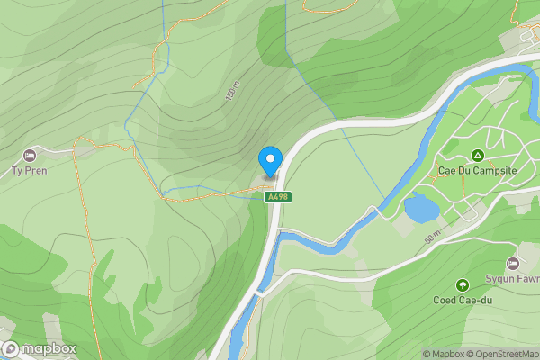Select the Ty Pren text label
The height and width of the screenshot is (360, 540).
click(28, 170)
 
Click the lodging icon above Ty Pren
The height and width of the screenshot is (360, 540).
click(30, 156)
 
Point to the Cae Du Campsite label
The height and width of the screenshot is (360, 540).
click(476, 169)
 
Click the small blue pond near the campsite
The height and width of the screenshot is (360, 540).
click(421, 208)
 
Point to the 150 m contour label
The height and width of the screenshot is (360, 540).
click(233, 91)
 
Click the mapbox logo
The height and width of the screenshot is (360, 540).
click(40, 348)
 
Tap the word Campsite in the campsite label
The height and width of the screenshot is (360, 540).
click(491, 169)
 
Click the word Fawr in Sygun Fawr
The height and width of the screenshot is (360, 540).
click(526, 278)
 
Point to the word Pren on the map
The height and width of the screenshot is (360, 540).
click(34, 170)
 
